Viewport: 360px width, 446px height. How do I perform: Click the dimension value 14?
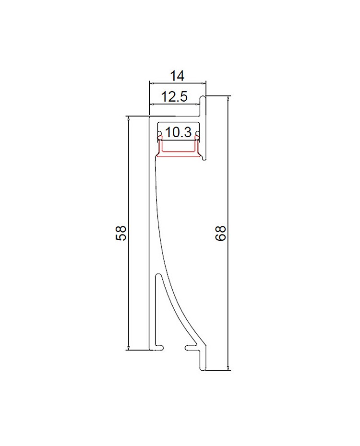pos(177,76)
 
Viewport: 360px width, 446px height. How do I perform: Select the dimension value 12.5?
pos(174,97)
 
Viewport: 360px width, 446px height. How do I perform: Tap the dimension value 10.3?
pos(178,132)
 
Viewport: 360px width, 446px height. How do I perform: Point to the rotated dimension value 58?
pos(121,233)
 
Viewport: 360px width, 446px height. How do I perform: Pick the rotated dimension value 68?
pos(220,233)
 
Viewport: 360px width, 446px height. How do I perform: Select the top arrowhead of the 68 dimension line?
pos(228,99)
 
